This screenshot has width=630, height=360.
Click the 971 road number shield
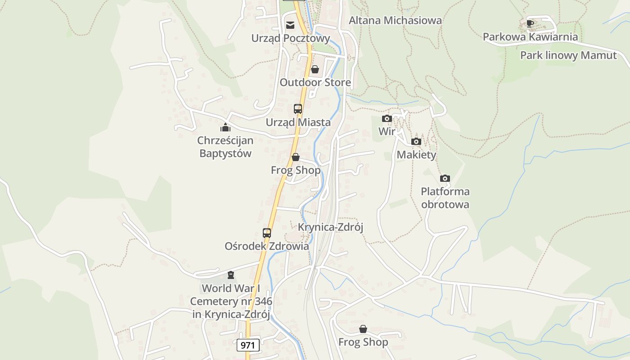248,345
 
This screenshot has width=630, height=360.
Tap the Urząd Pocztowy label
290,38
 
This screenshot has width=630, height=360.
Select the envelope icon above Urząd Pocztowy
290,25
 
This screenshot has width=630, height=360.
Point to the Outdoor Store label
315,82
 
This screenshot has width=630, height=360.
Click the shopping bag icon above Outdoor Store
315,69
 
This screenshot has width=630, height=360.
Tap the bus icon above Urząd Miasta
298,108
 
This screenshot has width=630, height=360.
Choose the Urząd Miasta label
298,122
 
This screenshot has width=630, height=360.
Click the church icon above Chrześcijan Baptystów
225,127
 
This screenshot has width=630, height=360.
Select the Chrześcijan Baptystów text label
225,147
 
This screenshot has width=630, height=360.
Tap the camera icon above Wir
387,119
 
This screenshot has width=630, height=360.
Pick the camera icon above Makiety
416,142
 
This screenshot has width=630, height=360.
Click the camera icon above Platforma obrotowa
445,178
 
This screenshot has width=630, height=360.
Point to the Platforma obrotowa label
445,198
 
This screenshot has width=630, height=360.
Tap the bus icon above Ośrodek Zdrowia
267,233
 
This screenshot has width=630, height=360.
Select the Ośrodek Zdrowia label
267,247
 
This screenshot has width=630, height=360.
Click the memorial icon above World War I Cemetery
231,274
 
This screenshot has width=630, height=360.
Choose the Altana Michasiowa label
395,20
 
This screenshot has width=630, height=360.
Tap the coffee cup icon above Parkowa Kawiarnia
530,23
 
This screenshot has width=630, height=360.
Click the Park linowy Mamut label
568,55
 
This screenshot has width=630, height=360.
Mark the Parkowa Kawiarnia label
530,37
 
